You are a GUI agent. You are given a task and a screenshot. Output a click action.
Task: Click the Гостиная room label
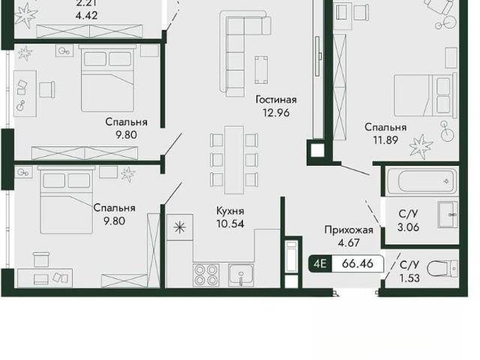pos(276,100)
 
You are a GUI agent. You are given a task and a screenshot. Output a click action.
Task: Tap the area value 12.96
pos(276,112)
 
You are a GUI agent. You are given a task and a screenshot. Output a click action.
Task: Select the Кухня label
pos(230,211)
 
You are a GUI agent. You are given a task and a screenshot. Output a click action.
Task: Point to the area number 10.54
pos(230,223)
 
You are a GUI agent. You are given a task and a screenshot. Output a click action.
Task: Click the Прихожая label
pos(349,230)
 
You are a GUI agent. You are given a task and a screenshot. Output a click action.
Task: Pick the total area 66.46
pos(358,263)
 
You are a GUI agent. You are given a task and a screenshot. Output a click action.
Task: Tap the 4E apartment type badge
pos(320,263)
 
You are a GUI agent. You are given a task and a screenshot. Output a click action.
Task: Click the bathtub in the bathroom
pos(422,181)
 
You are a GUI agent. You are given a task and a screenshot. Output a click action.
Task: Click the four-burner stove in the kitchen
pos(206,275)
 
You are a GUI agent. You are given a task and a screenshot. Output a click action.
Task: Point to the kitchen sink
pos(241,275)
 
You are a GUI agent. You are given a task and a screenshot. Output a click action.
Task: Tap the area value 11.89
pos(385,140)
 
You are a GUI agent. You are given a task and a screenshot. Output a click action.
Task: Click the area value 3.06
pos(408,227)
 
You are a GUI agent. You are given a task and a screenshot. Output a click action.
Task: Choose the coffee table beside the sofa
pos(261,70)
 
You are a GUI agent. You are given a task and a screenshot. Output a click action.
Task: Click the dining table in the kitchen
pos(234,160)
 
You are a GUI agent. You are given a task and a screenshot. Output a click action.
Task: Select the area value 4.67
pos(349,243)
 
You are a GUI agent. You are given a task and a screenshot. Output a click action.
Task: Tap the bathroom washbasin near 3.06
pos(448,214)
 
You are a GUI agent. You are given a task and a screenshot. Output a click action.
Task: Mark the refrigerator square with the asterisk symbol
pos(180,227)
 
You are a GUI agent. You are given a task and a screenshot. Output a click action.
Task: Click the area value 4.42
pos(86,15)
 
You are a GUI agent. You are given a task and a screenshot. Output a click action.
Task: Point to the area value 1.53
pos(409,278)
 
